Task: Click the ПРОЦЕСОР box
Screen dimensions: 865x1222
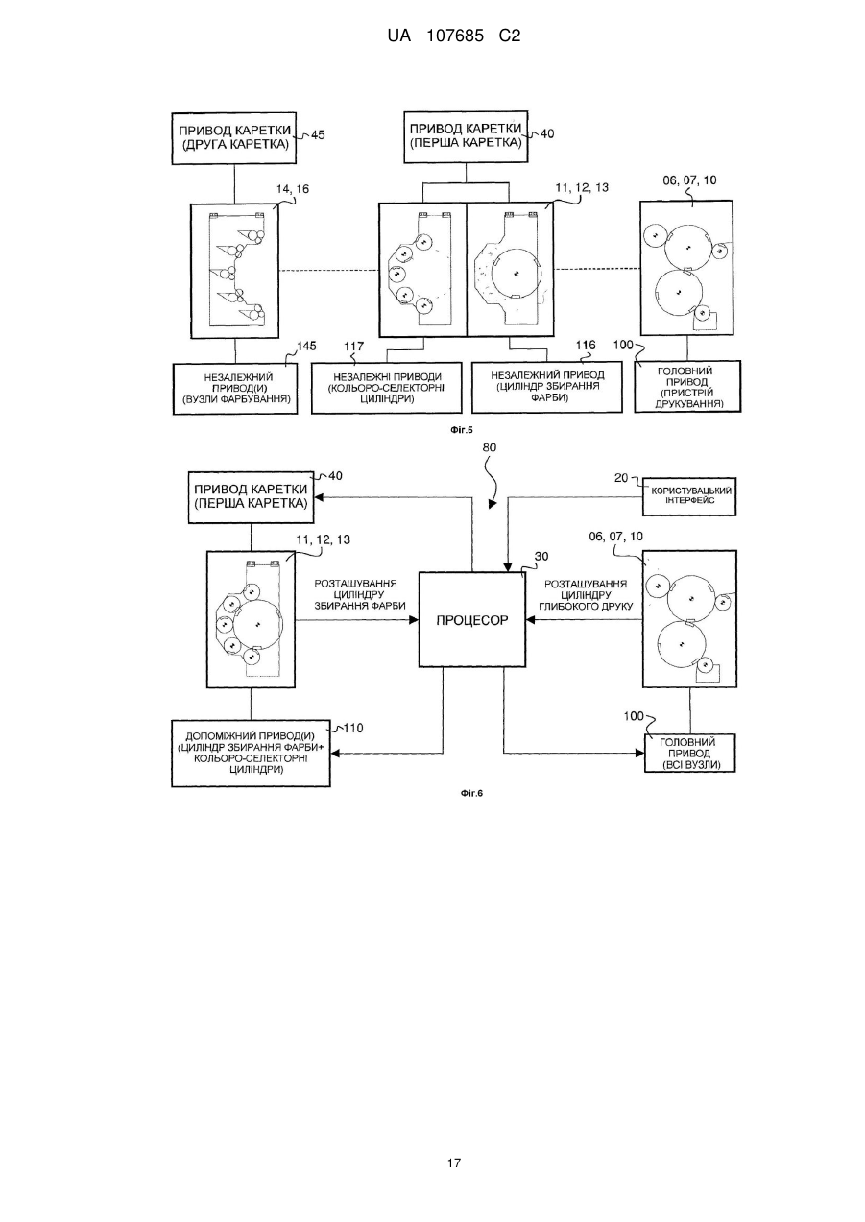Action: tap(471, 619)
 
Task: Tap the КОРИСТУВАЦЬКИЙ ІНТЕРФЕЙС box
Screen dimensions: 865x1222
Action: tap(688, 496)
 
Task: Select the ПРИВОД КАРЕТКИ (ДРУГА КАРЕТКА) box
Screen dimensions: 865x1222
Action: tap(234, 138)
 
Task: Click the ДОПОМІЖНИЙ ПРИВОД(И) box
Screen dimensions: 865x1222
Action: tap(251, 753)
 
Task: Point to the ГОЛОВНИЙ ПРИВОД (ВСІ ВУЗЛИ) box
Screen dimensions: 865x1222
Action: tap(690, 753)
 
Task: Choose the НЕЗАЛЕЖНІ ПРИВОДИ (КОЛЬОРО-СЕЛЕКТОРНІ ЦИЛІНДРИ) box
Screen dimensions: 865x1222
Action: tap(386, 387)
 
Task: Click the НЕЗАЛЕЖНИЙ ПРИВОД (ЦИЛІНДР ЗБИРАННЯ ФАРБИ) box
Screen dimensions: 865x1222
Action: tap(547, 387)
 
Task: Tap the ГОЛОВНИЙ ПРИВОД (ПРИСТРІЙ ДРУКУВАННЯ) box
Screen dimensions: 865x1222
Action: tap(687, 386)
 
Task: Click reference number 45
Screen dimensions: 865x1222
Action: tap(318, 134)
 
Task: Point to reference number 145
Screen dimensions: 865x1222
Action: tap(306, 347)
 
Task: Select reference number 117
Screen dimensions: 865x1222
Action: tap(353, 347)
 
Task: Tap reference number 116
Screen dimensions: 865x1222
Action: tap(587, 345)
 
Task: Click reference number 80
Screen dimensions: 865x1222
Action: tap(490, 447)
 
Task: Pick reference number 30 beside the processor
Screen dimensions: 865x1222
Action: tap(541, 557)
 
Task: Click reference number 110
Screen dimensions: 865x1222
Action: tap(353, 728)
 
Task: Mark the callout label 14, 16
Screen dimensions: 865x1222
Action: tap(293, 189)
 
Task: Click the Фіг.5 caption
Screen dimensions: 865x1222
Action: tap(462, 430)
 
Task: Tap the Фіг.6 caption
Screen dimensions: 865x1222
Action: tap(471, 793)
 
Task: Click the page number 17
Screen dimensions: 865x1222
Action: tap(454, 1163)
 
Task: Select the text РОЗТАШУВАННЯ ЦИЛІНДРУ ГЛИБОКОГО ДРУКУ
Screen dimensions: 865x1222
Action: tap(586, 594)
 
